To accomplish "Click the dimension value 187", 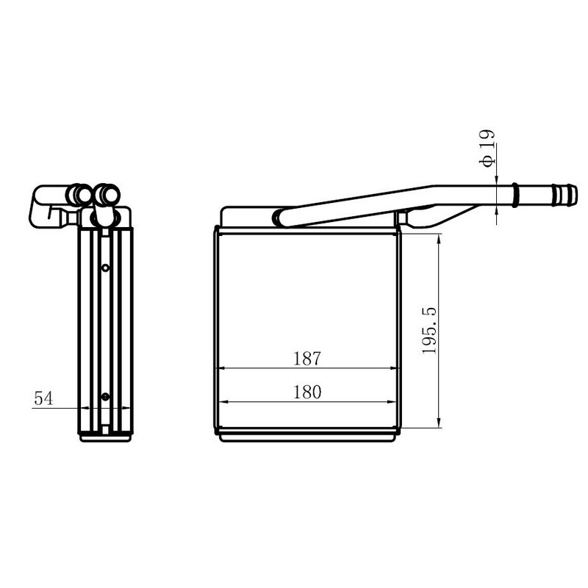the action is click(x=307, y=359).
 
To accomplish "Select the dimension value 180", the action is click(x=307, y=392).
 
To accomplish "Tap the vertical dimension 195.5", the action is click(x=429, y=330).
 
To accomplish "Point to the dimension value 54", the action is click(x=43, y=398).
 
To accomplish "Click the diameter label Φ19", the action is click(x=487, y=148).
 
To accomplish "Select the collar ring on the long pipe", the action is click(x=515, y=195).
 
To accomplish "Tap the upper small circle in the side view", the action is click(x=105, y=268).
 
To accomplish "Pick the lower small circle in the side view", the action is click(x=105, y=396).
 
